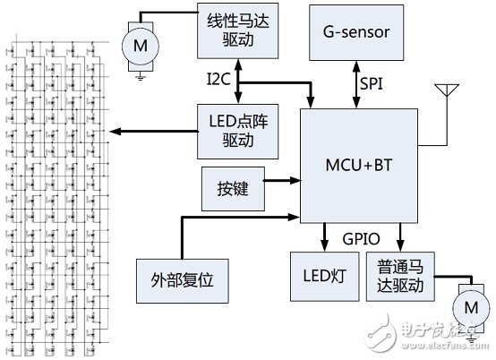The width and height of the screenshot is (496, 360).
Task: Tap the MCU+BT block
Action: click(x=359, y=166)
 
